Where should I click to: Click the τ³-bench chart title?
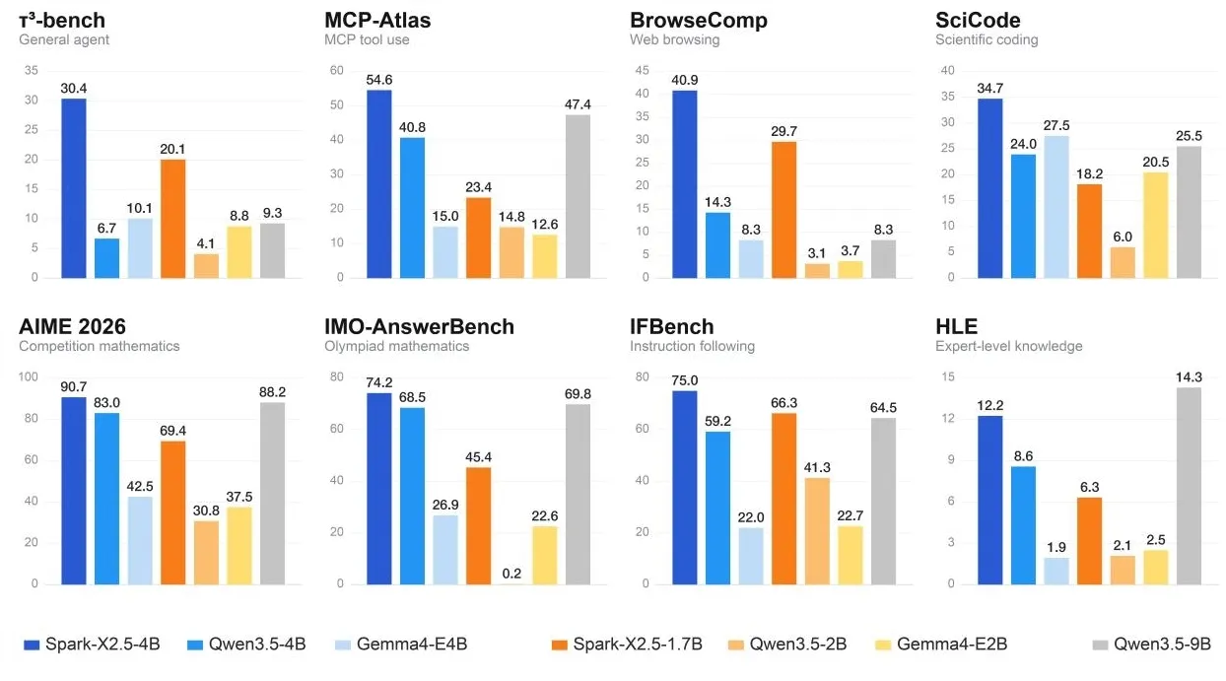click(62, 21)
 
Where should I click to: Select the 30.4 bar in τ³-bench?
click(73, 188)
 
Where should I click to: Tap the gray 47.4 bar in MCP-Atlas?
click(578, 196)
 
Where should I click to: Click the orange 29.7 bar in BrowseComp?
click(783, 210)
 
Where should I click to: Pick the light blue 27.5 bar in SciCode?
click(1056, 207)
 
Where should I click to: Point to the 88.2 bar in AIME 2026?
click(273, 493)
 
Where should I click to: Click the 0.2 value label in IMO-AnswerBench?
click(511, 574)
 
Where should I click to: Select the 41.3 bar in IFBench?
click(817, 531)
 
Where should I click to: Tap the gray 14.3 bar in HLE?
click(1189, 486)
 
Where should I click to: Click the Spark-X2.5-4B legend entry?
click(92, 644)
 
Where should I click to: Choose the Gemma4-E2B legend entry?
click(941, 644)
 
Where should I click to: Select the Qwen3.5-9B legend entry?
click(1151, 644)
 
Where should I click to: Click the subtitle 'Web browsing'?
click(674, 39)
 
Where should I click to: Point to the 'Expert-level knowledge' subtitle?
click(1009, 346)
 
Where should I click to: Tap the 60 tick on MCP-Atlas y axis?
click(337, 70)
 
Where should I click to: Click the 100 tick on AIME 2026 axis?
click(29, 376)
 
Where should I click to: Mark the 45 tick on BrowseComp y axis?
click(642, 70)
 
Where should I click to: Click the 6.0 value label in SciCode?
click(1123, 237)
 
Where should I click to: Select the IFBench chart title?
click(671, 327)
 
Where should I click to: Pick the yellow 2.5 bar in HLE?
click(1155, 567)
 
